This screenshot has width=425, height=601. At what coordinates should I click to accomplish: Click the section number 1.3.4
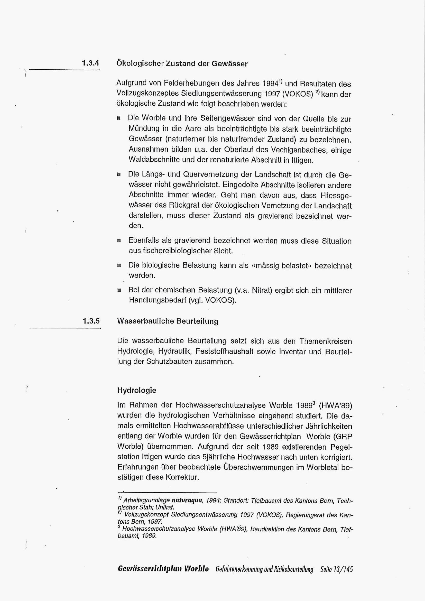[x=90, y=63]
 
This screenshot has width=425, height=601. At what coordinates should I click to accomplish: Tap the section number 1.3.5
[x=91, y=321]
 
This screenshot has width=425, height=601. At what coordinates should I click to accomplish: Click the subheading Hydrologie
[x=137, y=390]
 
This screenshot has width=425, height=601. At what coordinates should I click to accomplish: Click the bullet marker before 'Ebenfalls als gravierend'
[x=119, y=241]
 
